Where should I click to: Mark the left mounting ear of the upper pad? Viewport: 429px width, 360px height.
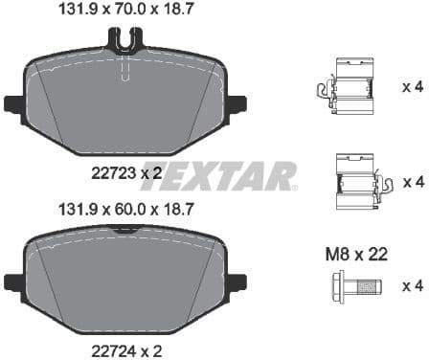13,103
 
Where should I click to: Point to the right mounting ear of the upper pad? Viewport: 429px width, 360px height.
237,103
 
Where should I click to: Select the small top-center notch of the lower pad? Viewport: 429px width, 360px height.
125,230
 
